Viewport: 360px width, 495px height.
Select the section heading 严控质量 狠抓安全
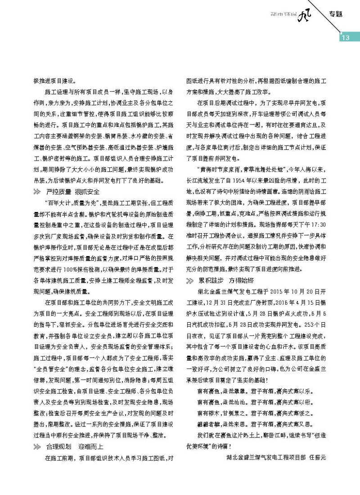70,192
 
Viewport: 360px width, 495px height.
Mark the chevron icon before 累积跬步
190,280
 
